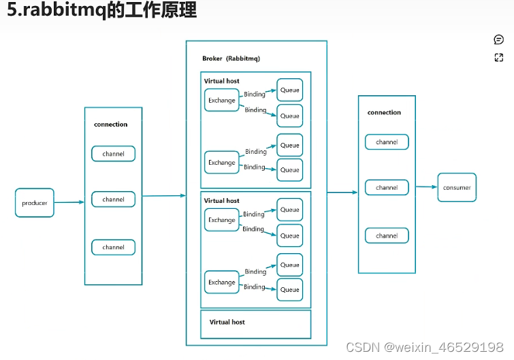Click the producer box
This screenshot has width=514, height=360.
34,203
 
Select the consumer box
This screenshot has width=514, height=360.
457,187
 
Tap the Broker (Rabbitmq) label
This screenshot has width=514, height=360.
231,59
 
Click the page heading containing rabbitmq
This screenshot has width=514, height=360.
101,10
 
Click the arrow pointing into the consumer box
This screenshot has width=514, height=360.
426,186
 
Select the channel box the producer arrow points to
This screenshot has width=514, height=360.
113,199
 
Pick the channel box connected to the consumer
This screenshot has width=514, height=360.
387,187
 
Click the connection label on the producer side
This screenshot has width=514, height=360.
110,125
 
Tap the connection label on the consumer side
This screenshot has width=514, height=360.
384,112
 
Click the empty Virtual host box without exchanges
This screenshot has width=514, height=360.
255,324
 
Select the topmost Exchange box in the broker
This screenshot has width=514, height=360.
222,100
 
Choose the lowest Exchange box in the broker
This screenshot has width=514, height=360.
222,282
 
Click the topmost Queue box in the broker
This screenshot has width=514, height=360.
290,90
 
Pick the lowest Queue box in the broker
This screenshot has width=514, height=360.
290,289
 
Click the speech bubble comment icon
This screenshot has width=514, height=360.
498,39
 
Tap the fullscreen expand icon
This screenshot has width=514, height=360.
498,58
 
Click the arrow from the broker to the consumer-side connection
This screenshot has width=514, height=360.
342,193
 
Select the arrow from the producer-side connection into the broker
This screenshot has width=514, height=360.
163,196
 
